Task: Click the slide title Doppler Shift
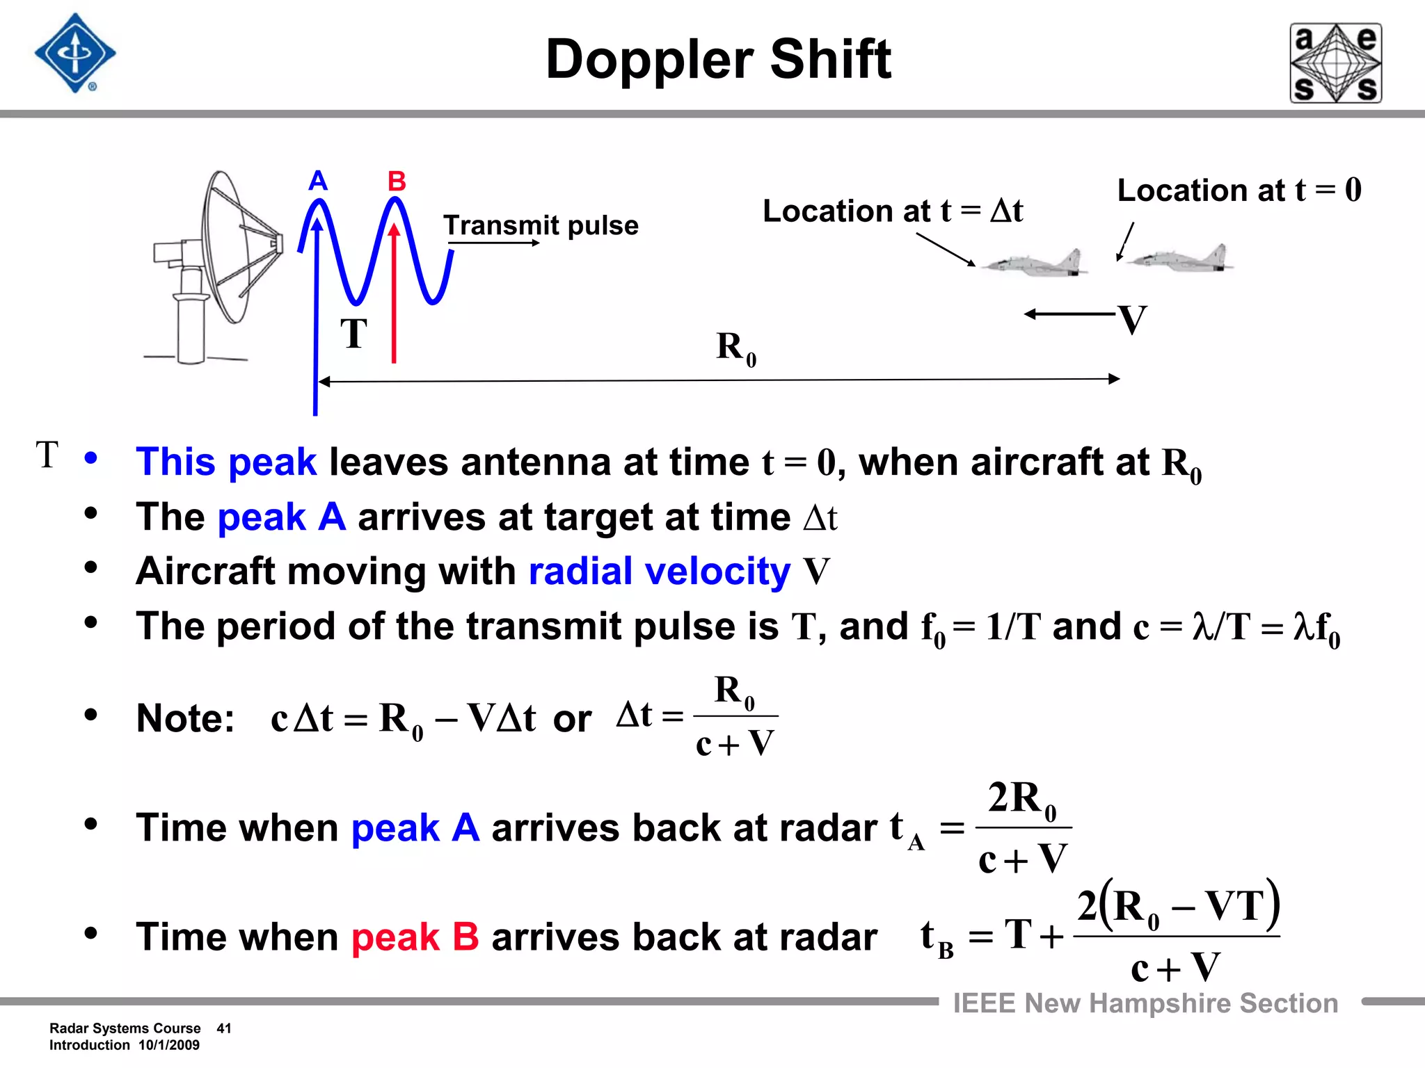click(718, 60)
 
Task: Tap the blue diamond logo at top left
click(75, 54)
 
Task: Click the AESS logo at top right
click(1335, 63)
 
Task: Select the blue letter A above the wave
click(318, 181)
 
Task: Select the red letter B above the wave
click(397, 181)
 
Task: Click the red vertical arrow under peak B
click(394, 292)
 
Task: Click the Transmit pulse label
click(541, 225)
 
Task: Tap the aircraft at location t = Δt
click(1033, 264)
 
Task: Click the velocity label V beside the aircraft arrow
click(1132, 321)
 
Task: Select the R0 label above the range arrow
click(735, 348)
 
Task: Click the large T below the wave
click(353, 334)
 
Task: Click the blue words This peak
click(226, 462)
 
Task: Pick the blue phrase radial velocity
click(659, 572)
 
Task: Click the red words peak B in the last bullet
click(415, 937)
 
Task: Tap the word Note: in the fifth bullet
click(185, 718)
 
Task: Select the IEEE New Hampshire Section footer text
click(1145, 1003)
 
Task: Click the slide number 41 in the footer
click(224, 1028)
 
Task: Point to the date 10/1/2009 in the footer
click(169, 1045)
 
